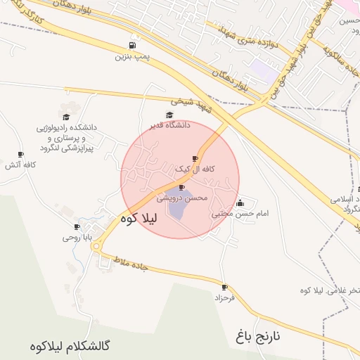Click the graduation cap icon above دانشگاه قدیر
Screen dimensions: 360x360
point(169,115)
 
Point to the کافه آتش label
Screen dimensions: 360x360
point(20,165)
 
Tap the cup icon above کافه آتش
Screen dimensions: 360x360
point(20,155)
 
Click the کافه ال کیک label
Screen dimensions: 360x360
point(195,169)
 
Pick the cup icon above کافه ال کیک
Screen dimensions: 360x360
point(195,159)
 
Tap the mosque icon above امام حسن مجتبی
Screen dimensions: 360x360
point(240,202)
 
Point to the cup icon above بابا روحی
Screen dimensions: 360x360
point(77,227)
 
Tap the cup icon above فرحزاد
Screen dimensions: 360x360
point(224,287)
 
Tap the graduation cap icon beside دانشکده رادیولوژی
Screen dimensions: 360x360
point(66,117)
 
